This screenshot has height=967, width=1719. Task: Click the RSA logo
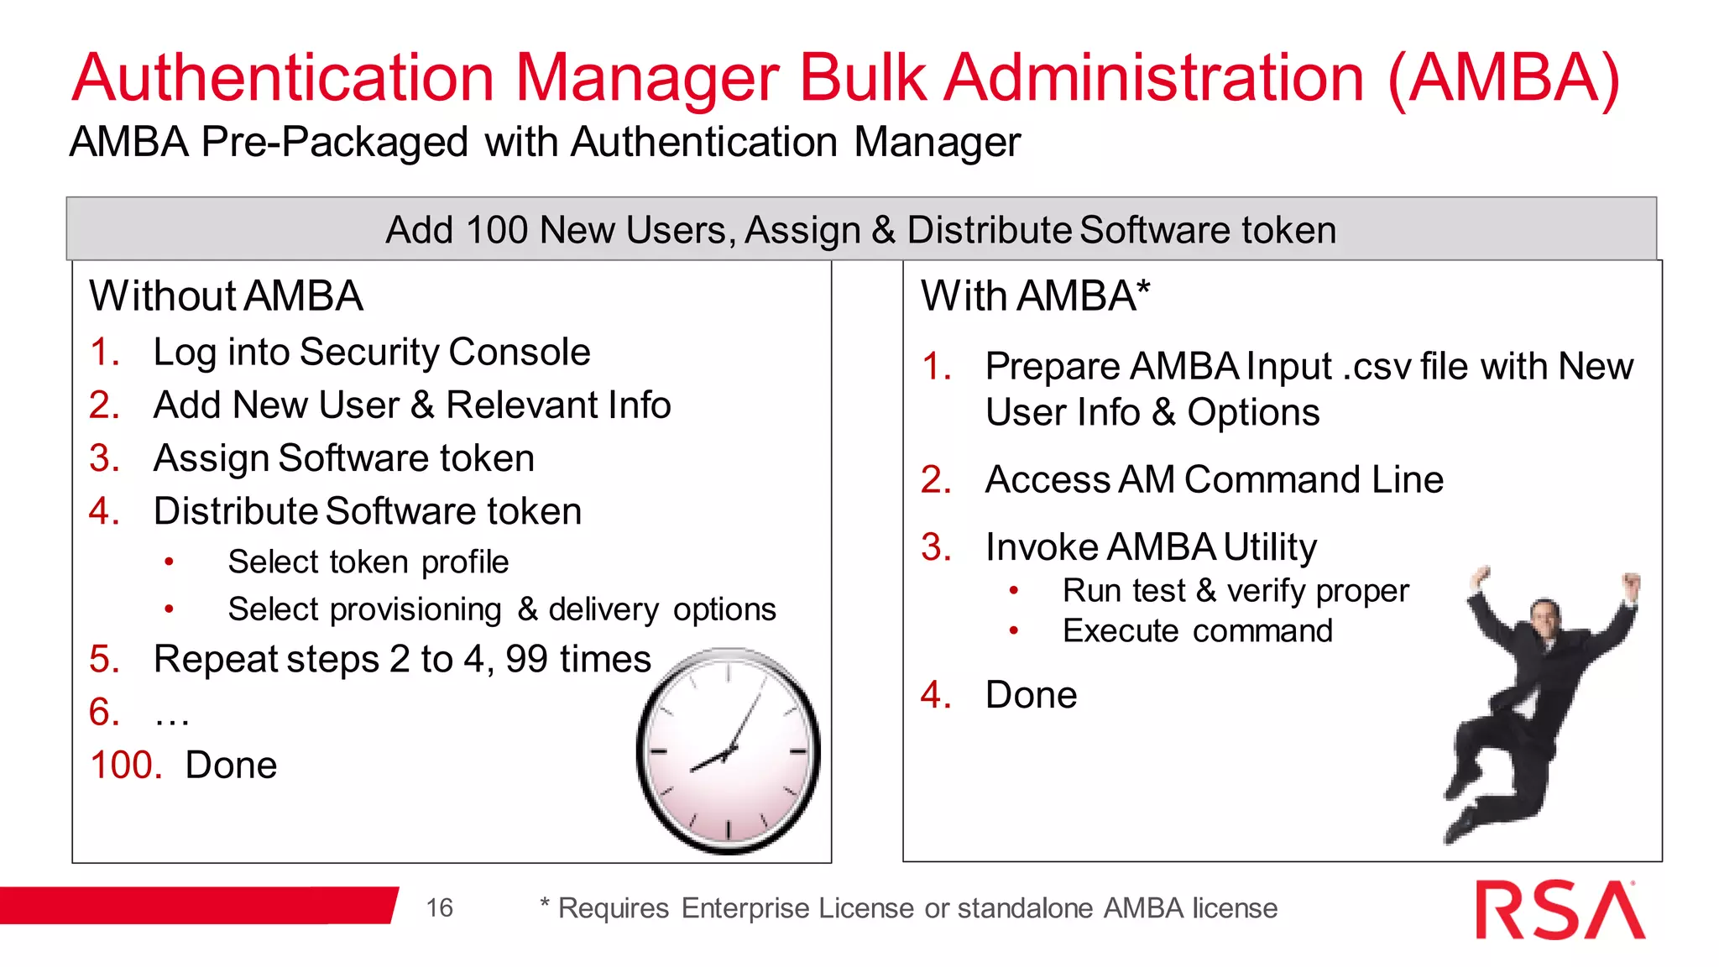point(1560,910)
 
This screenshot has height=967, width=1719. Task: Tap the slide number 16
point(439,907)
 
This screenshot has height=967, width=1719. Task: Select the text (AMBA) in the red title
point(1503,79)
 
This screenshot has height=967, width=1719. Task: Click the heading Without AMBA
point(226,296)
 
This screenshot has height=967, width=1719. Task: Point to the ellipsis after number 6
point(172,714)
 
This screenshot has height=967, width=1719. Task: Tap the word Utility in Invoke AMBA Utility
point(1269,547)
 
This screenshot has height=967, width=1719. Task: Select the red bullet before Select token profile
point(170,562)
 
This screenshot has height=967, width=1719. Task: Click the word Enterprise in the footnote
point(745,908)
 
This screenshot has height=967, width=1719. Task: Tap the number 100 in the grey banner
point(496,230)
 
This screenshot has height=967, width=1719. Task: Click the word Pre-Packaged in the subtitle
point(334,142)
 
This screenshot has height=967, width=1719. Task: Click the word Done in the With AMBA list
point(1031,695)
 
